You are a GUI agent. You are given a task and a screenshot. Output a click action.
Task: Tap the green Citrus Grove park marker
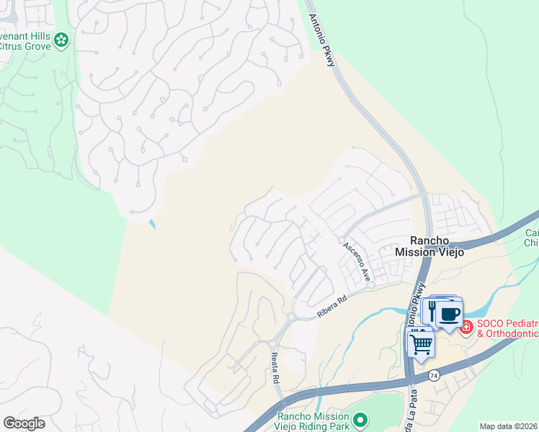pyautogui.click(x=63, y=40)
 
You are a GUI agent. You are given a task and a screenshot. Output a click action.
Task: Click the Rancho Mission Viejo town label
pyautogui.click(x=431, y=246)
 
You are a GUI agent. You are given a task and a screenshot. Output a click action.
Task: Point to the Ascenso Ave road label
pyautogui.click(x=356, y=261)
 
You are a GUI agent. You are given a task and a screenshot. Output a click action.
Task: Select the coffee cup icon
pyautogui.click(x=450, y=314)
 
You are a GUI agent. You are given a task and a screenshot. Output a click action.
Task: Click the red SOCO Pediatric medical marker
pyautogui.click(x=466, y=327)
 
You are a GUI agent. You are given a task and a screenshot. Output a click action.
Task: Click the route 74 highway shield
pyautogui.click(x=433, y=376)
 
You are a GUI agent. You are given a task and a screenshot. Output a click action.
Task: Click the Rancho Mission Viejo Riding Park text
pyautogui.click(x=313, y=420)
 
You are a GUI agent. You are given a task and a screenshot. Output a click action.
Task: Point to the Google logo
pyautogui.click(x=24, y=423)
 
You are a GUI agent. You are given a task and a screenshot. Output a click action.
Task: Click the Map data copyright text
pyautogui.click(x=508, y=426)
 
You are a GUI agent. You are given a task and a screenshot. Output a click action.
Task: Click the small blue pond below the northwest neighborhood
pyautogui.click(x=152, y=224)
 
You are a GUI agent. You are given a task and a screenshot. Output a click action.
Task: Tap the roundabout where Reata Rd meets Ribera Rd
pyautogui.click(x=290, y=317)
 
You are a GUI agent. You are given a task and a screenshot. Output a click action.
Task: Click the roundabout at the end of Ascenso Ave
pyautogui.click(x=370, y=285)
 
